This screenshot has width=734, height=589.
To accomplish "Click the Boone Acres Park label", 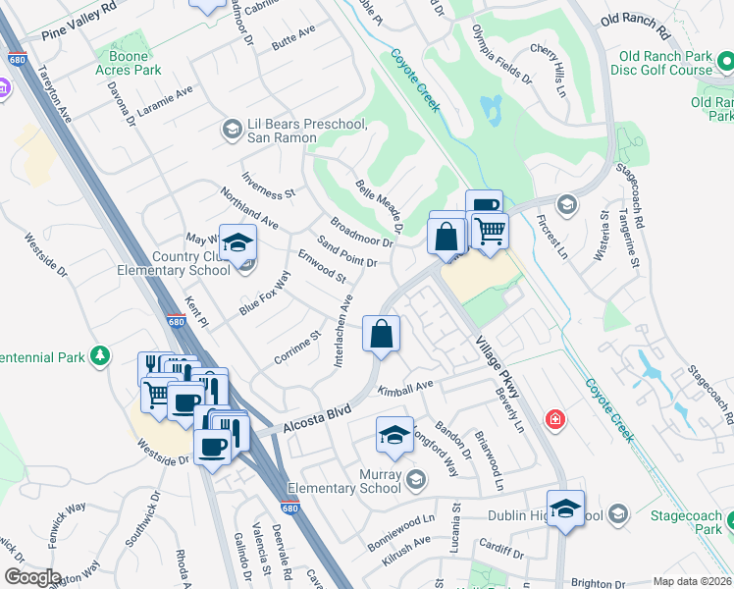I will (129, 63).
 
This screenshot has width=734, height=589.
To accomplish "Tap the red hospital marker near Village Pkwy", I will (556, 419).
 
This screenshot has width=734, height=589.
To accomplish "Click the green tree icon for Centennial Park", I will (99, 355).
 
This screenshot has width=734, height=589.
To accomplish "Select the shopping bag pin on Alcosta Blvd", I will (381, 334).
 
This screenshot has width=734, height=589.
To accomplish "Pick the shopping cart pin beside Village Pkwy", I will (490, 232).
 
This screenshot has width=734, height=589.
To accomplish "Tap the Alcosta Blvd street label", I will (317, 415).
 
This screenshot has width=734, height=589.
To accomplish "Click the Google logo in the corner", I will (32, 577).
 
